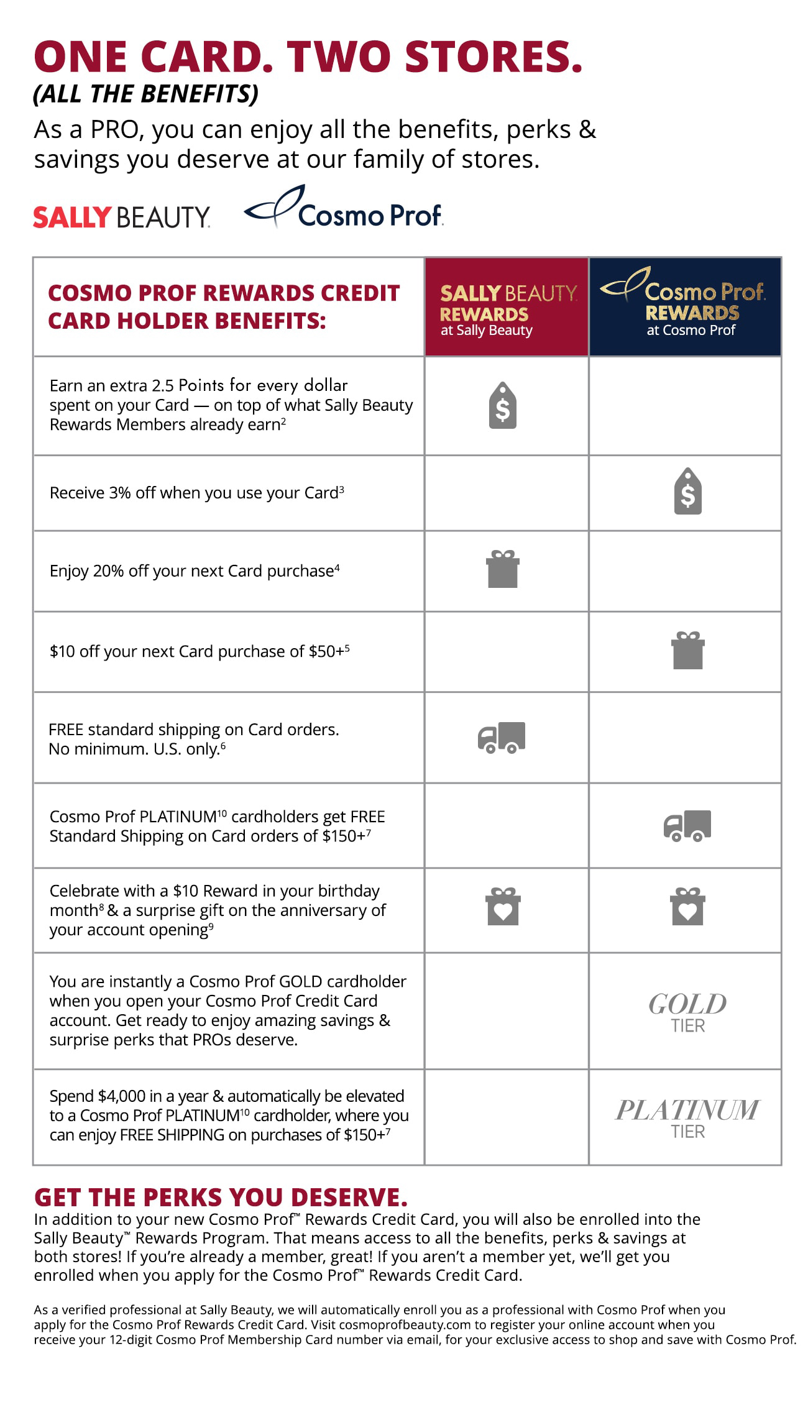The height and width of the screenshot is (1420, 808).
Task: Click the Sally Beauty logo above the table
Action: point(121,217)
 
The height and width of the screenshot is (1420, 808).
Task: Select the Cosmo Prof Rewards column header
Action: point(685,307)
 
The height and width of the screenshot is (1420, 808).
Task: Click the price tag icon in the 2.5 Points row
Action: point(503,405)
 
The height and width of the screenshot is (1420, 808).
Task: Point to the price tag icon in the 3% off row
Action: point(687,491)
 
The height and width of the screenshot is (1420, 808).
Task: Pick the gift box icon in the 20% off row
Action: point(502,569)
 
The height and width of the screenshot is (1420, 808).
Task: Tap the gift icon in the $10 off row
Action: point(687,650)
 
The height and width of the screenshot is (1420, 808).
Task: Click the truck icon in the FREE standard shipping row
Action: point(502,738)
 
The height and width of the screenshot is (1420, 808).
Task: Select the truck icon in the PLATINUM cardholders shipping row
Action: point(687,826)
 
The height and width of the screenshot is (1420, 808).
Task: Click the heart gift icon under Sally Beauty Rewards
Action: point(503,907)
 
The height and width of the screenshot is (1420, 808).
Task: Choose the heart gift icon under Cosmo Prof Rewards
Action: point(687,907)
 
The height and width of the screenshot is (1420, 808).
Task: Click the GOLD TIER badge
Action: point(687,1012)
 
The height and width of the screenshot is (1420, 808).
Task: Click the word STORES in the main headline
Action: point(494,57)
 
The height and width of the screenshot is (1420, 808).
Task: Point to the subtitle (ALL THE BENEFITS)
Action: point(145,94)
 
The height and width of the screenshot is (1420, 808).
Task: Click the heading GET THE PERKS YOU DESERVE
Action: point(221,1198)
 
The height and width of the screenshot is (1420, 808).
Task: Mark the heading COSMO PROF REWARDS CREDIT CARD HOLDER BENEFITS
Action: point(223,306)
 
